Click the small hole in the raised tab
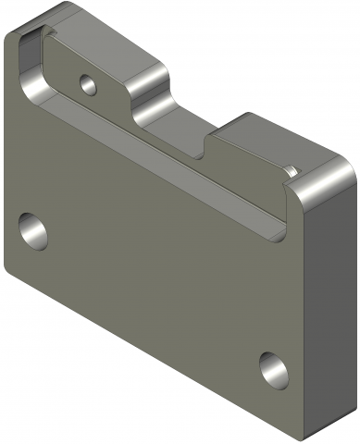(89, 84)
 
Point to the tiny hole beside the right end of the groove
(289, 169)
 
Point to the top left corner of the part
(11, 37)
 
